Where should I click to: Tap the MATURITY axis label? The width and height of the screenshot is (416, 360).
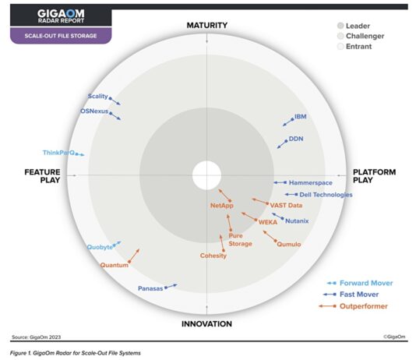tap(206, 26)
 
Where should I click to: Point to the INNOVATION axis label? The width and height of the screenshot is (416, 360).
tap(206, 323)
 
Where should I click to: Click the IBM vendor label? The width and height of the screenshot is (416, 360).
tap(300, 117)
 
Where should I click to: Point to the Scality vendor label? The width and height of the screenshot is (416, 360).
tap(98, 97)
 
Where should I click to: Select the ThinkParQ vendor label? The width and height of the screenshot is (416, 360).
tap(58, 153)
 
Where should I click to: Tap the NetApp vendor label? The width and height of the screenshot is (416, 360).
tap(222, 206)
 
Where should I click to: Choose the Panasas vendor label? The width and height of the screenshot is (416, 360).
tap(150, 288)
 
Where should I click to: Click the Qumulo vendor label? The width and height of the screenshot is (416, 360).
tap(288, 243)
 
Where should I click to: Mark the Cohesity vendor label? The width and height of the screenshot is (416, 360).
tap(213, 256)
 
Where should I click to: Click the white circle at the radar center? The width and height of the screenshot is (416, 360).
tap(206, 174)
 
